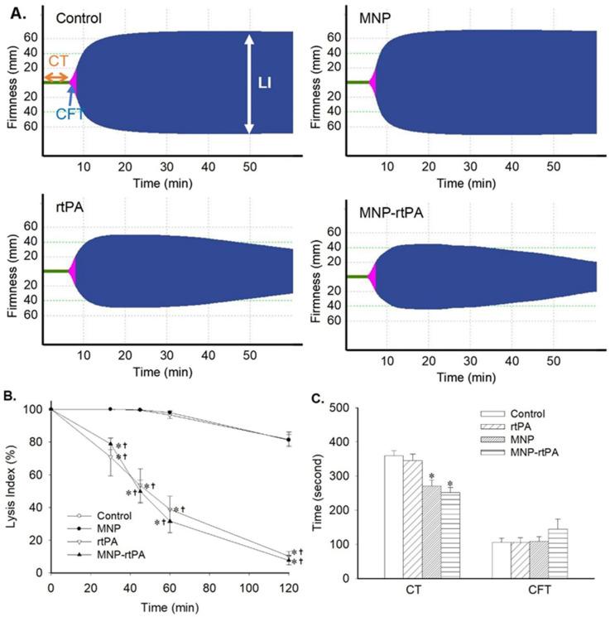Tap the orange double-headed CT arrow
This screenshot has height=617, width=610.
[56, 77]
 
